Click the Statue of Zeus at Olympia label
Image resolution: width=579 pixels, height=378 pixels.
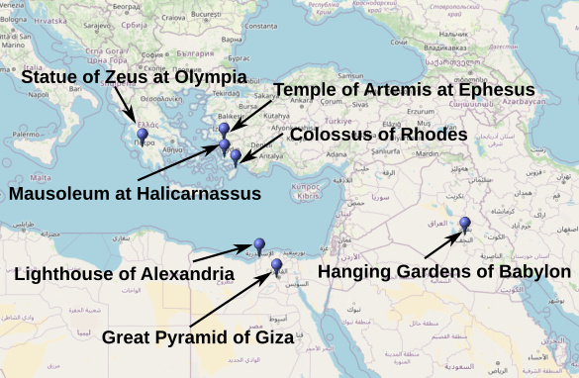[x=134, y=77]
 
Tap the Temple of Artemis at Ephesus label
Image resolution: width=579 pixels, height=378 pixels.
[x=405, y=90]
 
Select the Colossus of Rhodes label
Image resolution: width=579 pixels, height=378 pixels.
[x=379, y=135]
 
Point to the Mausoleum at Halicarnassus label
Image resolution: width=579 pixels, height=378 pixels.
[x=136, y=193]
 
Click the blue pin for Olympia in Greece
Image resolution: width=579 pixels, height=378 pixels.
[x=143, y=135]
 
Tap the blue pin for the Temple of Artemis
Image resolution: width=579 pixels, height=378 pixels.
[x=225, y=130]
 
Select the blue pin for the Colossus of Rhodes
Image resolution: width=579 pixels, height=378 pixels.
[x=236, y=154]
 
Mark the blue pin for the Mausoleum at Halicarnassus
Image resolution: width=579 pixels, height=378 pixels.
[x=225, y=146]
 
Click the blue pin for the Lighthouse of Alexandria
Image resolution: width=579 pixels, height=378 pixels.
[x=259, y=243]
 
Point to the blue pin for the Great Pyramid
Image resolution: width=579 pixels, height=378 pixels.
[x=276, y=264]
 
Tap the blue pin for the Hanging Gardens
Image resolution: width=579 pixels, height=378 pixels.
[x=464, y=224]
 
